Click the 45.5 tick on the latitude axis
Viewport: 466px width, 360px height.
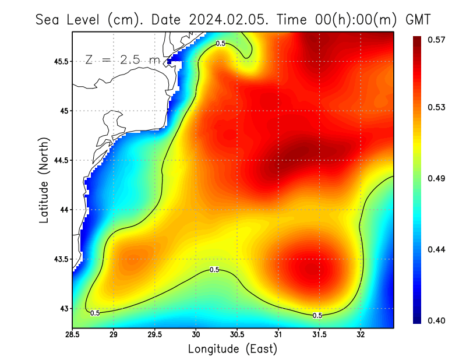60,61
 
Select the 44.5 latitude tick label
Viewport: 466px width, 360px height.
60,160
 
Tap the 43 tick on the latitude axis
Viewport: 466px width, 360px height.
64,308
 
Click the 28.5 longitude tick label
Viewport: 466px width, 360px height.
73,335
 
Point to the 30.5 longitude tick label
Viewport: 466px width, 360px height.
238,335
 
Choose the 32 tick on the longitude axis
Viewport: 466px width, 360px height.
361,335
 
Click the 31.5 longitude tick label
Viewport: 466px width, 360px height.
320,335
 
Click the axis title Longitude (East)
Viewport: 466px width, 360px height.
232,349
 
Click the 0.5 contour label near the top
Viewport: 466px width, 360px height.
221,43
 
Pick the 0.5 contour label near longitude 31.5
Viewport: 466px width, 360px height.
317,315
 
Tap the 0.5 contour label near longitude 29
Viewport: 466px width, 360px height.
96,313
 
